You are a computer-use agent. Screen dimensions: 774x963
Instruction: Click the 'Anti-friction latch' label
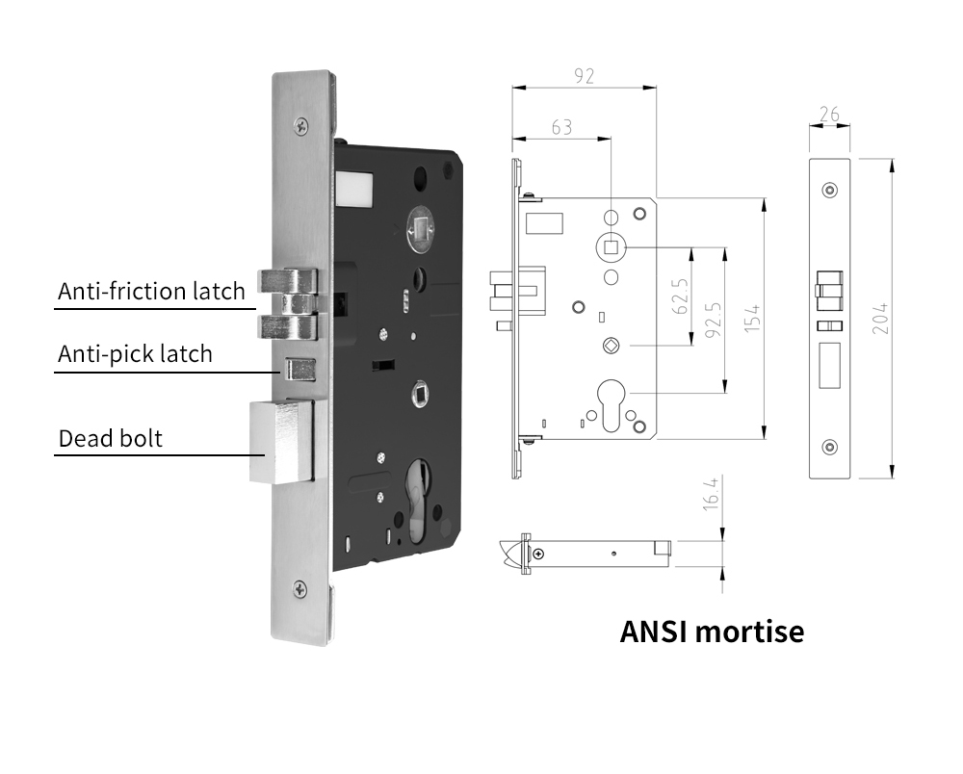(151, 292)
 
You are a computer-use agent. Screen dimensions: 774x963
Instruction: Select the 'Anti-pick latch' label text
(135, 354)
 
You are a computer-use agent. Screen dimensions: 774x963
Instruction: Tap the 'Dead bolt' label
(111, 439)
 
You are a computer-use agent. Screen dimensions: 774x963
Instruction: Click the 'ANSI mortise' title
(712, 632)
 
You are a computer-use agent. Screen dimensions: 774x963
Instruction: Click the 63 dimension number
(560, 127)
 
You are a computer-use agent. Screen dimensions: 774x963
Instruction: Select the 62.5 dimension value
(680, 297)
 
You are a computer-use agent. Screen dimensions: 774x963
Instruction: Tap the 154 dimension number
(753, 318)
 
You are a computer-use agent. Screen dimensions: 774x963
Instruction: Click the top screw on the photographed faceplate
(302, 123)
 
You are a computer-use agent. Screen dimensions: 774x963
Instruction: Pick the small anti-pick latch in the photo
(297, 368)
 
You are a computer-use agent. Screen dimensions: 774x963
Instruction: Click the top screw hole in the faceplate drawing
(829, 189)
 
